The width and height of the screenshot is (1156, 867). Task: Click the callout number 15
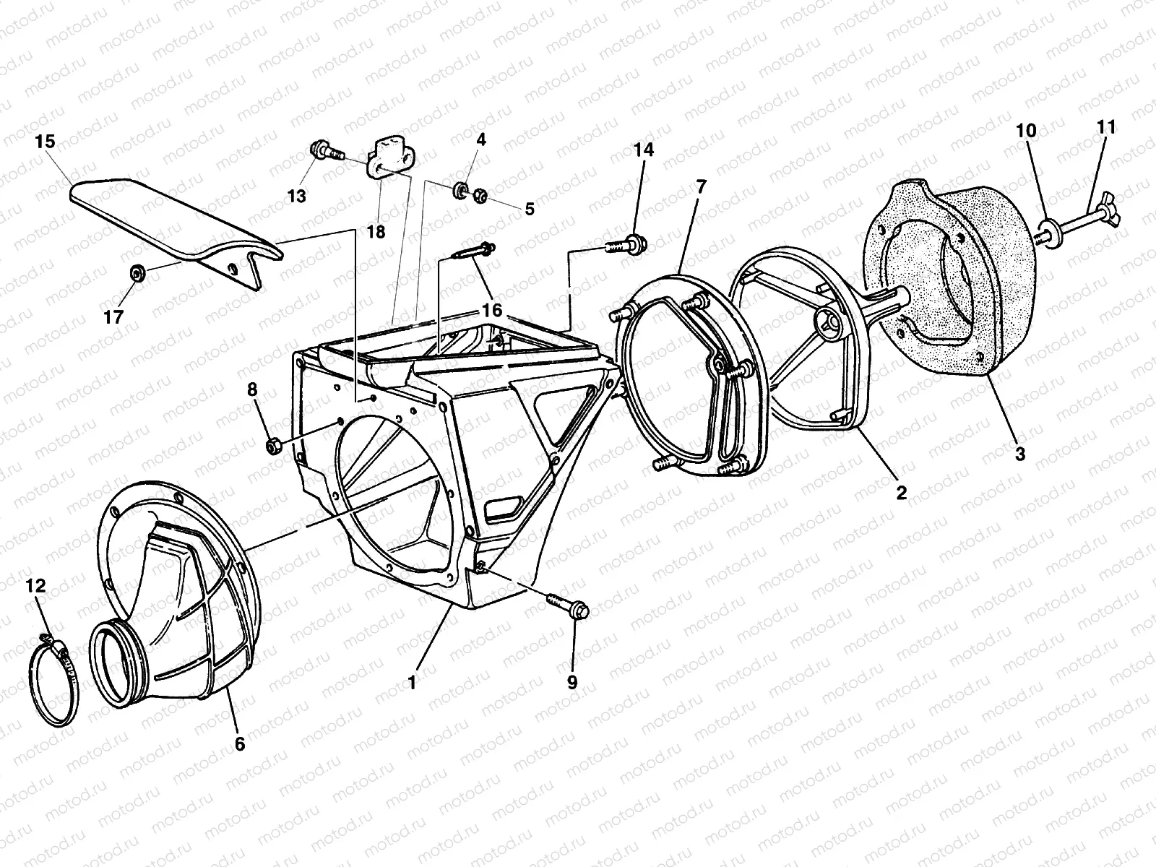click(x=45, y=142)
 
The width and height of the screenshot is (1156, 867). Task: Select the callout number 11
click(x=1106, y=128)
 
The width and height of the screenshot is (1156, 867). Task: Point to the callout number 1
click(x=412, y=682)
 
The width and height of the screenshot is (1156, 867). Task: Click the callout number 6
click(x=239, y=743)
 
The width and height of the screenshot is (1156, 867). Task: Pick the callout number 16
click(x=492, y=311)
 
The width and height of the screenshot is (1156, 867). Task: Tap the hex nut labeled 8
click(x=272, y=444)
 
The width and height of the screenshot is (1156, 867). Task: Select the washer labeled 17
click(x=135, y=273)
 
